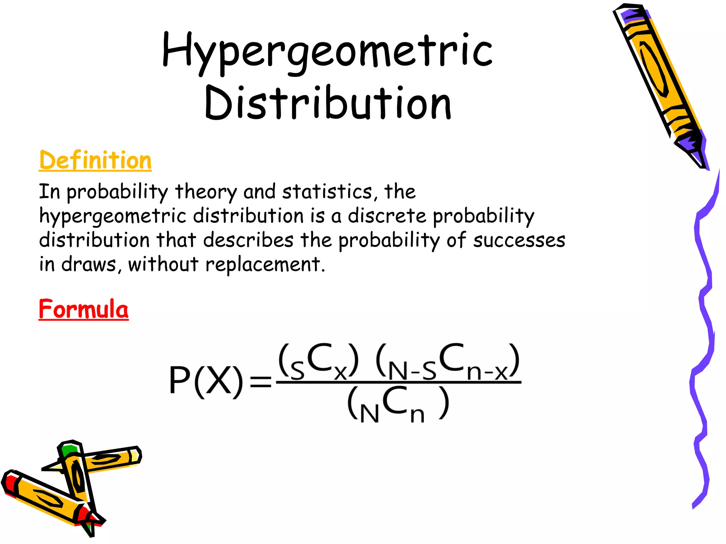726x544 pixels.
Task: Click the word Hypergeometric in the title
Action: [327, 51]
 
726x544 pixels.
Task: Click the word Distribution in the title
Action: [328, 103]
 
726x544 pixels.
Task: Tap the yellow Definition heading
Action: [95, 160]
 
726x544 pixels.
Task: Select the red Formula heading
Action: [84, 309]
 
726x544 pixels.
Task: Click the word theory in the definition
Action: [206, 192]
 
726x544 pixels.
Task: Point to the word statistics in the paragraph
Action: [327, 192]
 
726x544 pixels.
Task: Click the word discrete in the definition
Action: [387, 216]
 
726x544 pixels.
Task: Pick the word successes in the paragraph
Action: [519, 240]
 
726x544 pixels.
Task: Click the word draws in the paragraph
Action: [89, 265]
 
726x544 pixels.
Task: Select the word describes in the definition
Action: [248, 240]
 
